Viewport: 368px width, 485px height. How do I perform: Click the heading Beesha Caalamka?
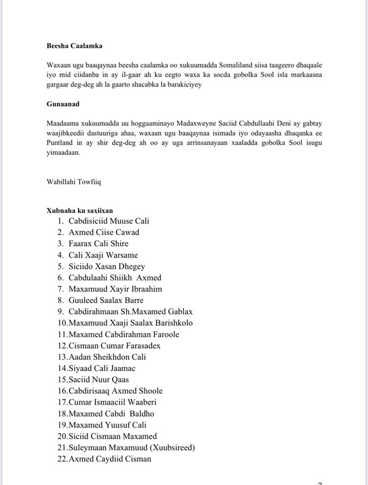point(74,46)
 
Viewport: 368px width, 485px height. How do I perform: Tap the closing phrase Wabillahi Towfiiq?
point(74,181)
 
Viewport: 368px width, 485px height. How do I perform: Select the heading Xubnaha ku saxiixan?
point(80,211)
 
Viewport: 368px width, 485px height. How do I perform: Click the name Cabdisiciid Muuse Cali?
point(108,221)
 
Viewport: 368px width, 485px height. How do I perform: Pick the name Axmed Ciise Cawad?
point(104,232)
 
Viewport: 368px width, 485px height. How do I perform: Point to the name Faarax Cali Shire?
point(98,244)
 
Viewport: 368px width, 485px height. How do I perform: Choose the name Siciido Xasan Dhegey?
point(106,267)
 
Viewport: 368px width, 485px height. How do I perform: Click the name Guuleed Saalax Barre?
point(106,300)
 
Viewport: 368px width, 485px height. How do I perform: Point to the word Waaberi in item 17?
point(142,402)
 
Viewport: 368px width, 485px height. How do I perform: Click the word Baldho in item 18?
point(142,413)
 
